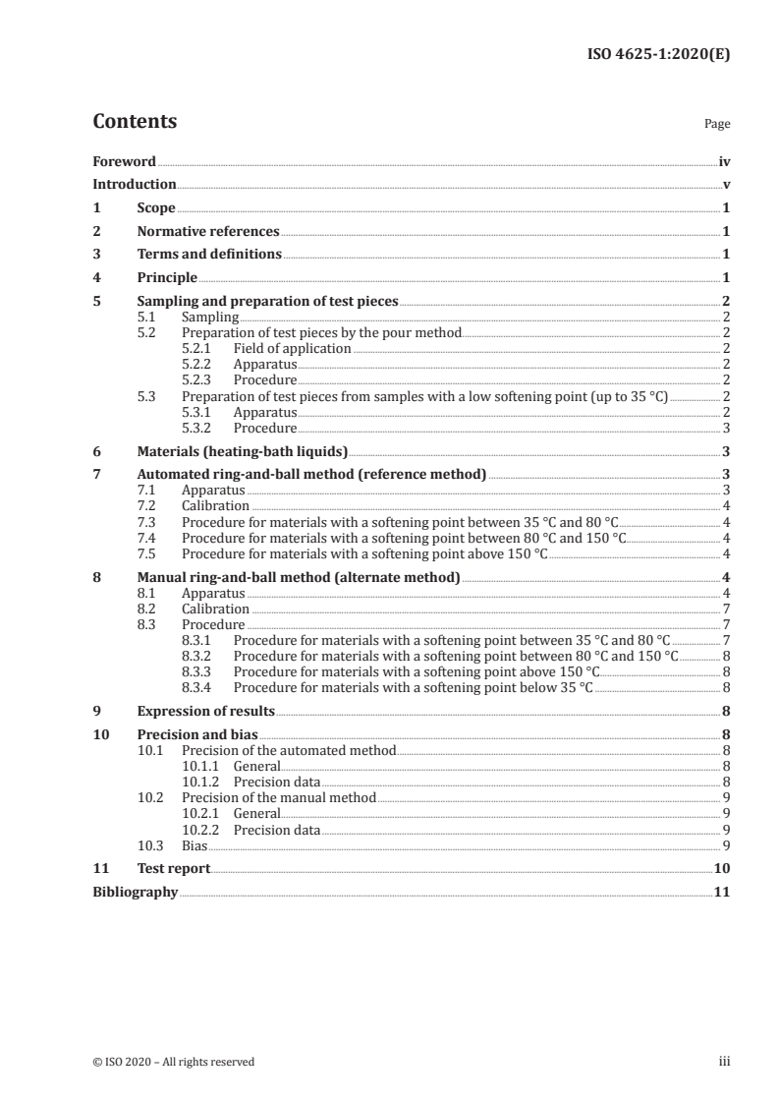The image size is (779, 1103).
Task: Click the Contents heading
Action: (x=135, y=122)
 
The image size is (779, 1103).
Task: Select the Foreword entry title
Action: (x=124, y=161)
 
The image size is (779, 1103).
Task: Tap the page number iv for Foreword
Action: (x=724, y=161)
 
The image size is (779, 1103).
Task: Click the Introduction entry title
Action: (x=135, y=184)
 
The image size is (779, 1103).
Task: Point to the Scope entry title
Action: (x=156, y=207)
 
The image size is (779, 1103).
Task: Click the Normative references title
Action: (x=208, y=231)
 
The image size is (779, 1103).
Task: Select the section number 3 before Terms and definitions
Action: (x=96, y=255)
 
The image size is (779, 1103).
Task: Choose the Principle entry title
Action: (x=167, y=278)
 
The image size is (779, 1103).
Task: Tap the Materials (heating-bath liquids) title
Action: (x=243, y=451)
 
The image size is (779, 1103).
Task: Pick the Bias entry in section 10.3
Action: (x=194, y=844)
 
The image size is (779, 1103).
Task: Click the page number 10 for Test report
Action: (x=722, y=868)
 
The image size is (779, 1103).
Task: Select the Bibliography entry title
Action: (x=136, y=892)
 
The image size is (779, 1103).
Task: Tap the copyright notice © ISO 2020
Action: (x=173, y=1062)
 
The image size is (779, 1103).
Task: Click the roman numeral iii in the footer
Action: (x=724, y=1062)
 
